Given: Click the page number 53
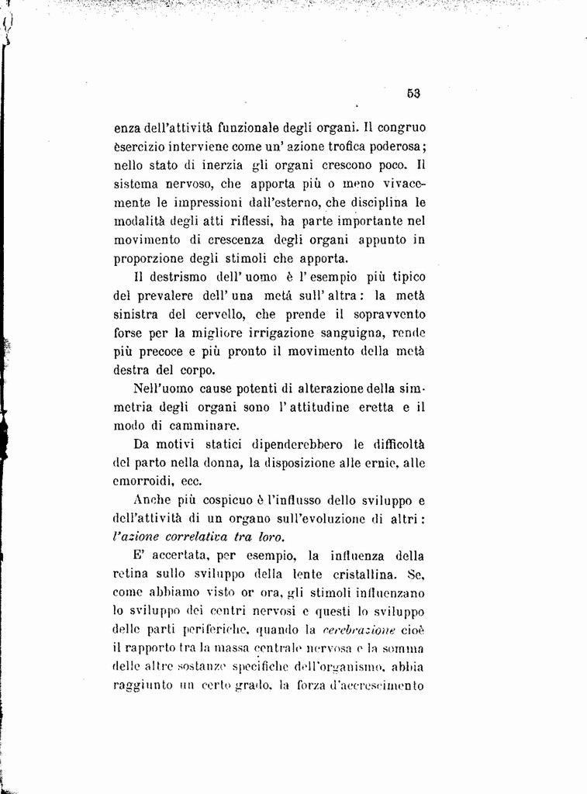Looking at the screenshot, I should tap(413, 93).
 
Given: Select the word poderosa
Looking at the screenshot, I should tap(393, 147).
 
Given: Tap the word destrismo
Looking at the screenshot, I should tap(181, 277).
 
